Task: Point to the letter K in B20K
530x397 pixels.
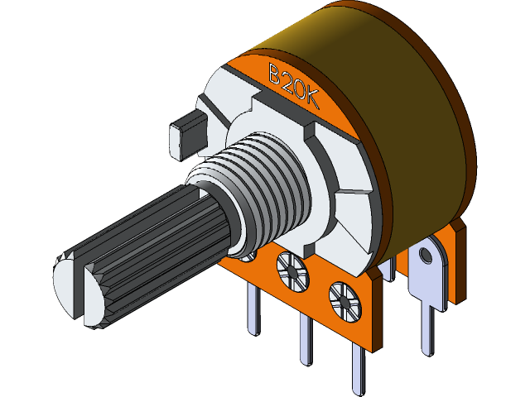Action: point(312,97)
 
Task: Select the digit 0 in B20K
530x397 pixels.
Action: point(300,88)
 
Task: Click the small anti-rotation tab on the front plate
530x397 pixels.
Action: point(185,137)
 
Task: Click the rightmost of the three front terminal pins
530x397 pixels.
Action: point(359,368)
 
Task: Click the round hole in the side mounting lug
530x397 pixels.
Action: point(428,251)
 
